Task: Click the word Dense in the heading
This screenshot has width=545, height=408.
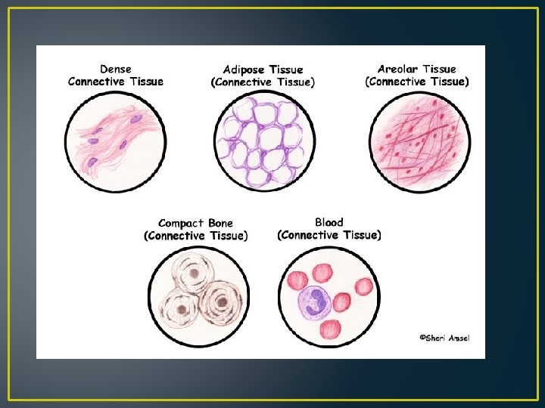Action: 115,70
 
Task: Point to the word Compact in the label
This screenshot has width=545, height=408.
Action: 182,224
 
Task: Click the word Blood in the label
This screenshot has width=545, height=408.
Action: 329,223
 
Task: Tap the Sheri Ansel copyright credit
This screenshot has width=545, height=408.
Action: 444,338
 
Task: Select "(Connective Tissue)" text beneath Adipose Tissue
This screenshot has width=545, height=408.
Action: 263,82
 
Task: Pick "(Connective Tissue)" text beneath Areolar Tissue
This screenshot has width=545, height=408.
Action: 416,82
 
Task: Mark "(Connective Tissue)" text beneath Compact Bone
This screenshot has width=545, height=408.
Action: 195,236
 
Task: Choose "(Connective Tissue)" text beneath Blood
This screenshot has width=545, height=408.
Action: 329,235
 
